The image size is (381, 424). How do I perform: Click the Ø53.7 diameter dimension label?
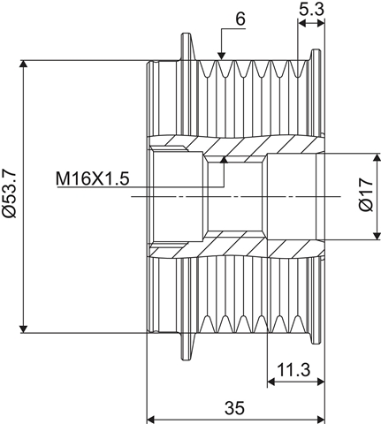click(x=9, y=193)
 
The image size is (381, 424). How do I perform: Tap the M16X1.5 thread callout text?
click(x=93, y=178)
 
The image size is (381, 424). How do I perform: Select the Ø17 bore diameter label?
click(x=366, y=194)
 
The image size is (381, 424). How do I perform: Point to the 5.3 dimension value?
click(x=311, y=10)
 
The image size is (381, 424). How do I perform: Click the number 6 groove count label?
click(x=240, y=19)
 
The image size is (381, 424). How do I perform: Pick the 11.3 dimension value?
click(x=293, y=370)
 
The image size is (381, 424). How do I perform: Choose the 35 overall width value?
click(x=235, y=408)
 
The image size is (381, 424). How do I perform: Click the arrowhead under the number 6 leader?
click(x=221, y=56)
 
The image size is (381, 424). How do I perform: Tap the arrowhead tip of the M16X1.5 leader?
click(x=225, y=156)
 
